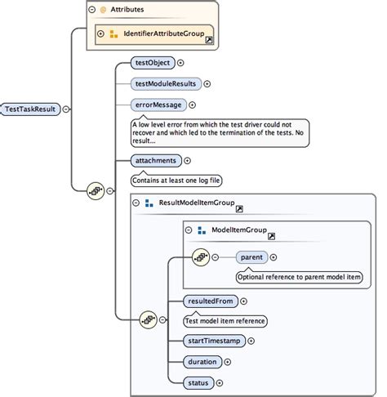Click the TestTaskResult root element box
[32, 109]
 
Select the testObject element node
[153, 62]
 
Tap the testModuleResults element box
[166, 83]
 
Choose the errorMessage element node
[158, 105]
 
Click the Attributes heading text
[128, 10]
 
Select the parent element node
[251, 257]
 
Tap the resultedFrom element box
[211, 301]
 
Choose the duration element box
[203, 361]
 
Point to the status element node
[199, 381]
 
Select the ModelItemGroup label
[238, 231]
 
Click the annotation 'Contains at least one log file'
[177, 180]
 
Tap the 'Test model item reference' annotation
[225, 321]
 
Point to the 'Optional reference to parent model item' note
[297, 277]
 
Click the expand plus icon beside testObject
[180, 62]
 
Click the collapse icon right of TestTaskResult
[66, 109]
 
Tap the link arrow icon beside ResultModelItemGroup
[239, 207]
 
